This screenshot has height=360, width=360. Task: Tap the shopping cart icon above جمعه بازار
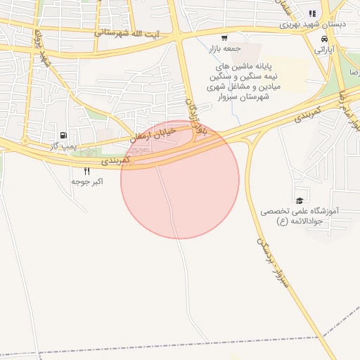[224, 38]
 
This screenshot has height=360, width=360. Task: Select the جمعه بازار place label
[224, 49]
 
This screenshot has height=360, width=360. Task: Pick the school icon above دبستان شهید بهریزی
[312, 13]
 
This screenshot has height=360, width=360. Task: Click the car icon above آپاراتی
[323, 39]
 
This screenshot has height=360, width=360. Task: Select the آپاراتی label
[323, 51]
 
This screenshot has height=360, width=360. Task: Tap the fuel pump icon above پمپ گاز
[64, 134]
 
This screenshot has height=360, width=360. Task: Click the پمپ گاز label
[63, 145]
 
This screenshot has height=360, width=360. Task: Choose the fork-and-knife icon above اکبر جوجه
[87, 170]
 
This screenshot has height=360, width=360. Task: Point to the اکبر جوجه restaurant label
[87, 181]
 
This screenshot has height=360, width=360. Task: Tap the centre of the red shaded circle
[180, 180]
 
